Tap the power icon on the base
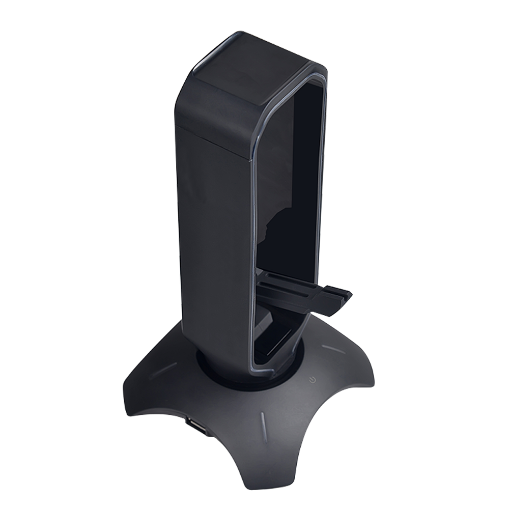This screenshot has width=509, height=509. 311,380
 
